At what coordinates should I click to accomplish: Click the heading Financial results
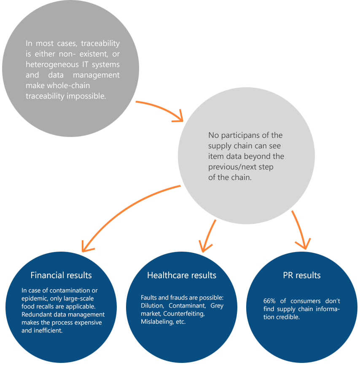pyautogui.click(x=61, y=275)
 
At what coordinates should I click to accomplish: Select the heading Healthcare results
pyautogui.click(x=182, y=275)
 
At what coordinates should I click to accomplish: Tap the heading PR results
pyautogui.click(x=302, y=275)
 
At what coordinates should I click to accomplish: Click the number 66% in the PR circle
pyautogui.click(x=269, y=301)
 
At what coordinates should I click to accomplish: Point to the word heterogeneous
pyautogui.click(x=52, y=64)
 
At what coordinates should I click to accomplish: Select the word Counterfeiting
pyautogui.click(x=184, y=314)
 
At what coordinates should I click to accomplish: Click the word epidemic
pyautogui.click(x=34, y=299)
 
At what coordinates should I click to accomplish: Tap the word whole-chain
pyautogui.click(x=68, y=86)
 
